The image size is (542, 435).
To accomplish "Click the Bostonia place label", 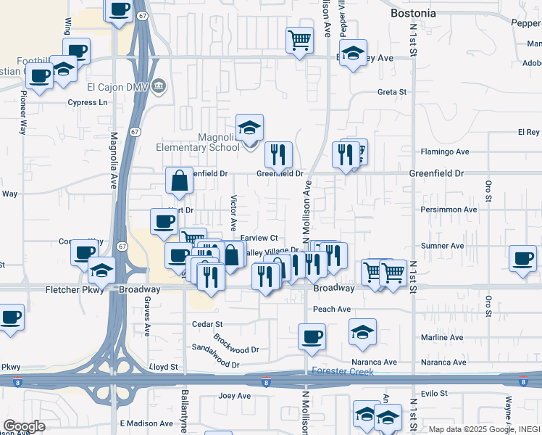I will pyautogui.click(x=413, y=13).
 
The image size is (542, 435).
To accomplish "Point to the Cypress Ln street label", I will pyautogui.click(x=87, y=102).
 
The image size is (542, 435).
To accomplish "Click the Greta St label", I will pyautogui.click(x=392, y=92).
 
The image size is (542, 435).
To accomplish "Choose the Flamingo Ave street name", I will pyautogui.click(x=445, y=152).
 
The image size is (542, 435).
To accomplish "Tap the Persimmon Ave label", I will pyautogui.click(x=449, y=210).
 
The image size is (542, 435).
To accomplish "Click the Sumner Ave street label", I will pyautogui.click(x=441, y=246).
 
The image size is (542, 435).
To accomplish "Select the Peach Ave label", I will pyautogui.click(x=331, y=309).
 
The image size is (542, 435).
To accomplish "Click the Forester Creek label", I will pyautogui.click(x=342, y=372).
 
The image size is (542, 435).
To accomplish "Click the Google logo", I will pyautogui.click(x=24, y=426).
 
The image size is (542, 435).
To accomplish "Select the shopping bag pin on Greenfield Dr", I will pyautogui.click(x=179, y=182).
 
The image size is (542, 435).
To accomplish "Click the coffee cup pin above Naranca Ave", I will pyautogui.click(x=312, y=337).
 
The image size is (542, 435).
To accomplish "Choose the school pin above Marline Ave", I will pyautogui.click(x=362, y=332).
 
